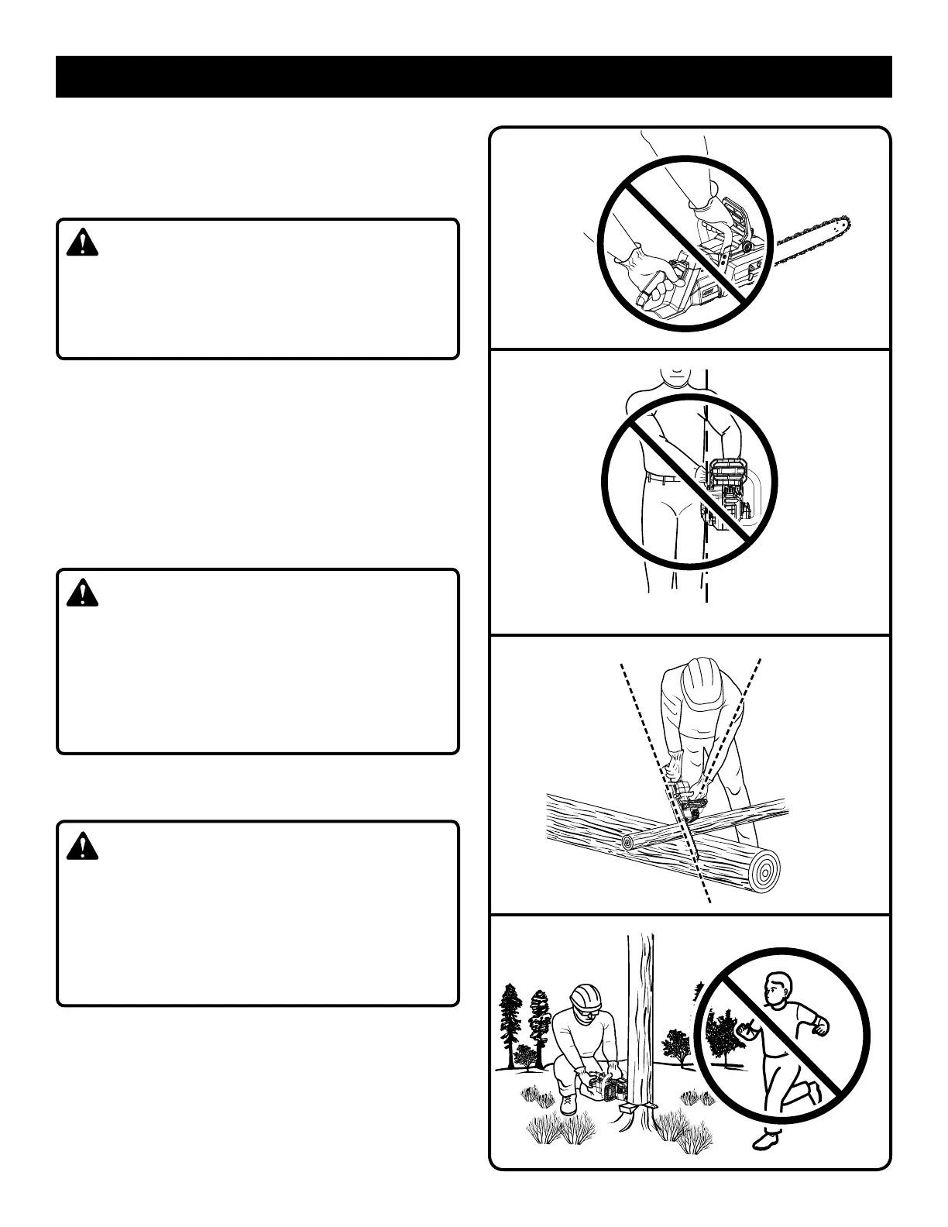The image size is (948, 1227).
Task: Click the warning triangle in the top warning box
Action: [x=82, y=242]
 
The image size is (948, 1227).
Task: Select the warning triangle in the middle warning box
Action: [x=82, y=593]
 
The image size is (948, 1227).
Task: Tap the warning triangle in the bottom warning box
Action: [x=82, y=846]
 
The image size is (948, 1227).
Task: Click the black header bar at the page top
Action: [x=473, y=77]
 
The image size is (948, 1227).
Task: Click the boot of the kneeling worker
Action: [x=568, y=1103]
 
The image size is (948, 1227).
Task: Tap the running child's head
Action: [x=776, y=991]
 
